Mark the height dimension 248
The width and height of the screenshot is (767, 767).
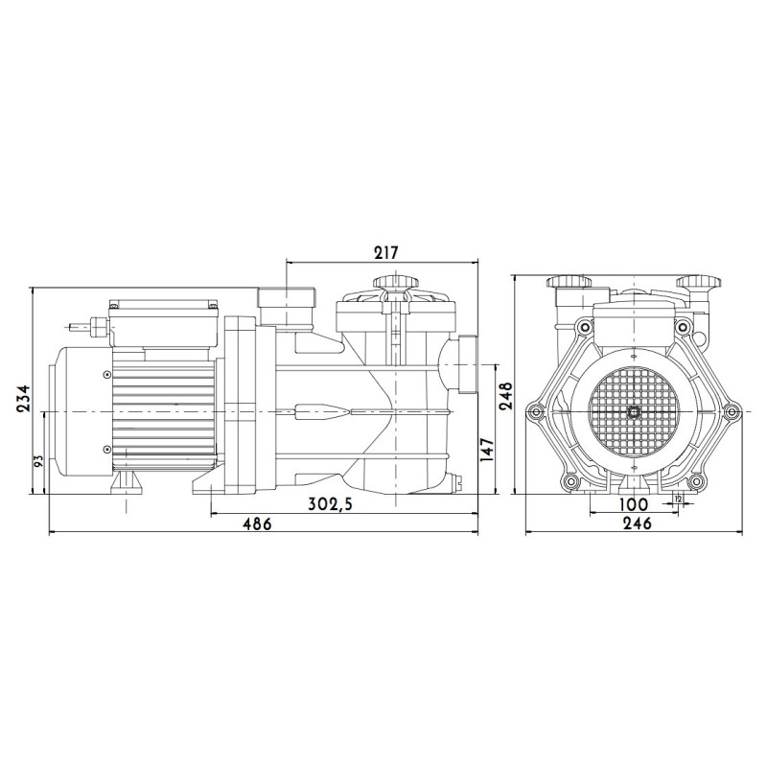[505, 391]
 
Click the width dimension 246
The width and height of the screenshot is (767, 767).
[635, 523]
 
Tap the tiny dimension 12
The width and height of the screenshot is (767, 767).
[679, 500]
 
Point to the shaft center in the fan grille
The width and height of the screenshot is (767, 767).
[634, 411]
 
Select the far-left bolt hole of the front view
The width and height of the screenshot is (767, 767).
[529, 412]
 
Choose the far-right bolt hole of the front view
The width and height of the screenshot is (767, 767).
[734, 412]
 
